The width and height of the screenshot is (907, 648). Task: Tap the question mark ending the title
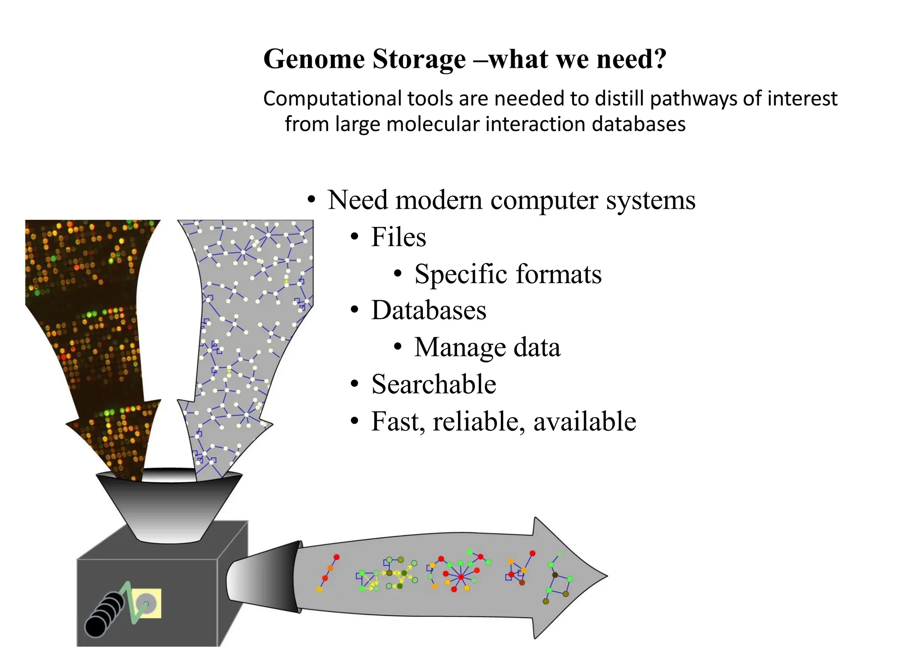(659, 59)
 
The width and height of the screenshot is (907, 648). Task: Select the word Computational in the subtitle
(333, 99)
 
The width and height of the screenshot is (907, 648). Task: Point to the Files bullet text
(398, 237)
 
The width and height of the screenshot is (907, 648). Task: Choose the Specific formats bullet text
(508, 274)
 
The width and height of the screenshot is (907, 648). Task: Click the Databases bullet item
(428, 310)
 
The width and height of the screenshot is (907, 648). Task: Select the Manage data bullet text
(487, 347)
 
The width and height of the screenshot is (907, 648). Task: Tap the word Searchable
(434, 384)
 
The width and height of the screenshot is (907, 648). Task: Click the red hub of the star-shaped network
(461, 577)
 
